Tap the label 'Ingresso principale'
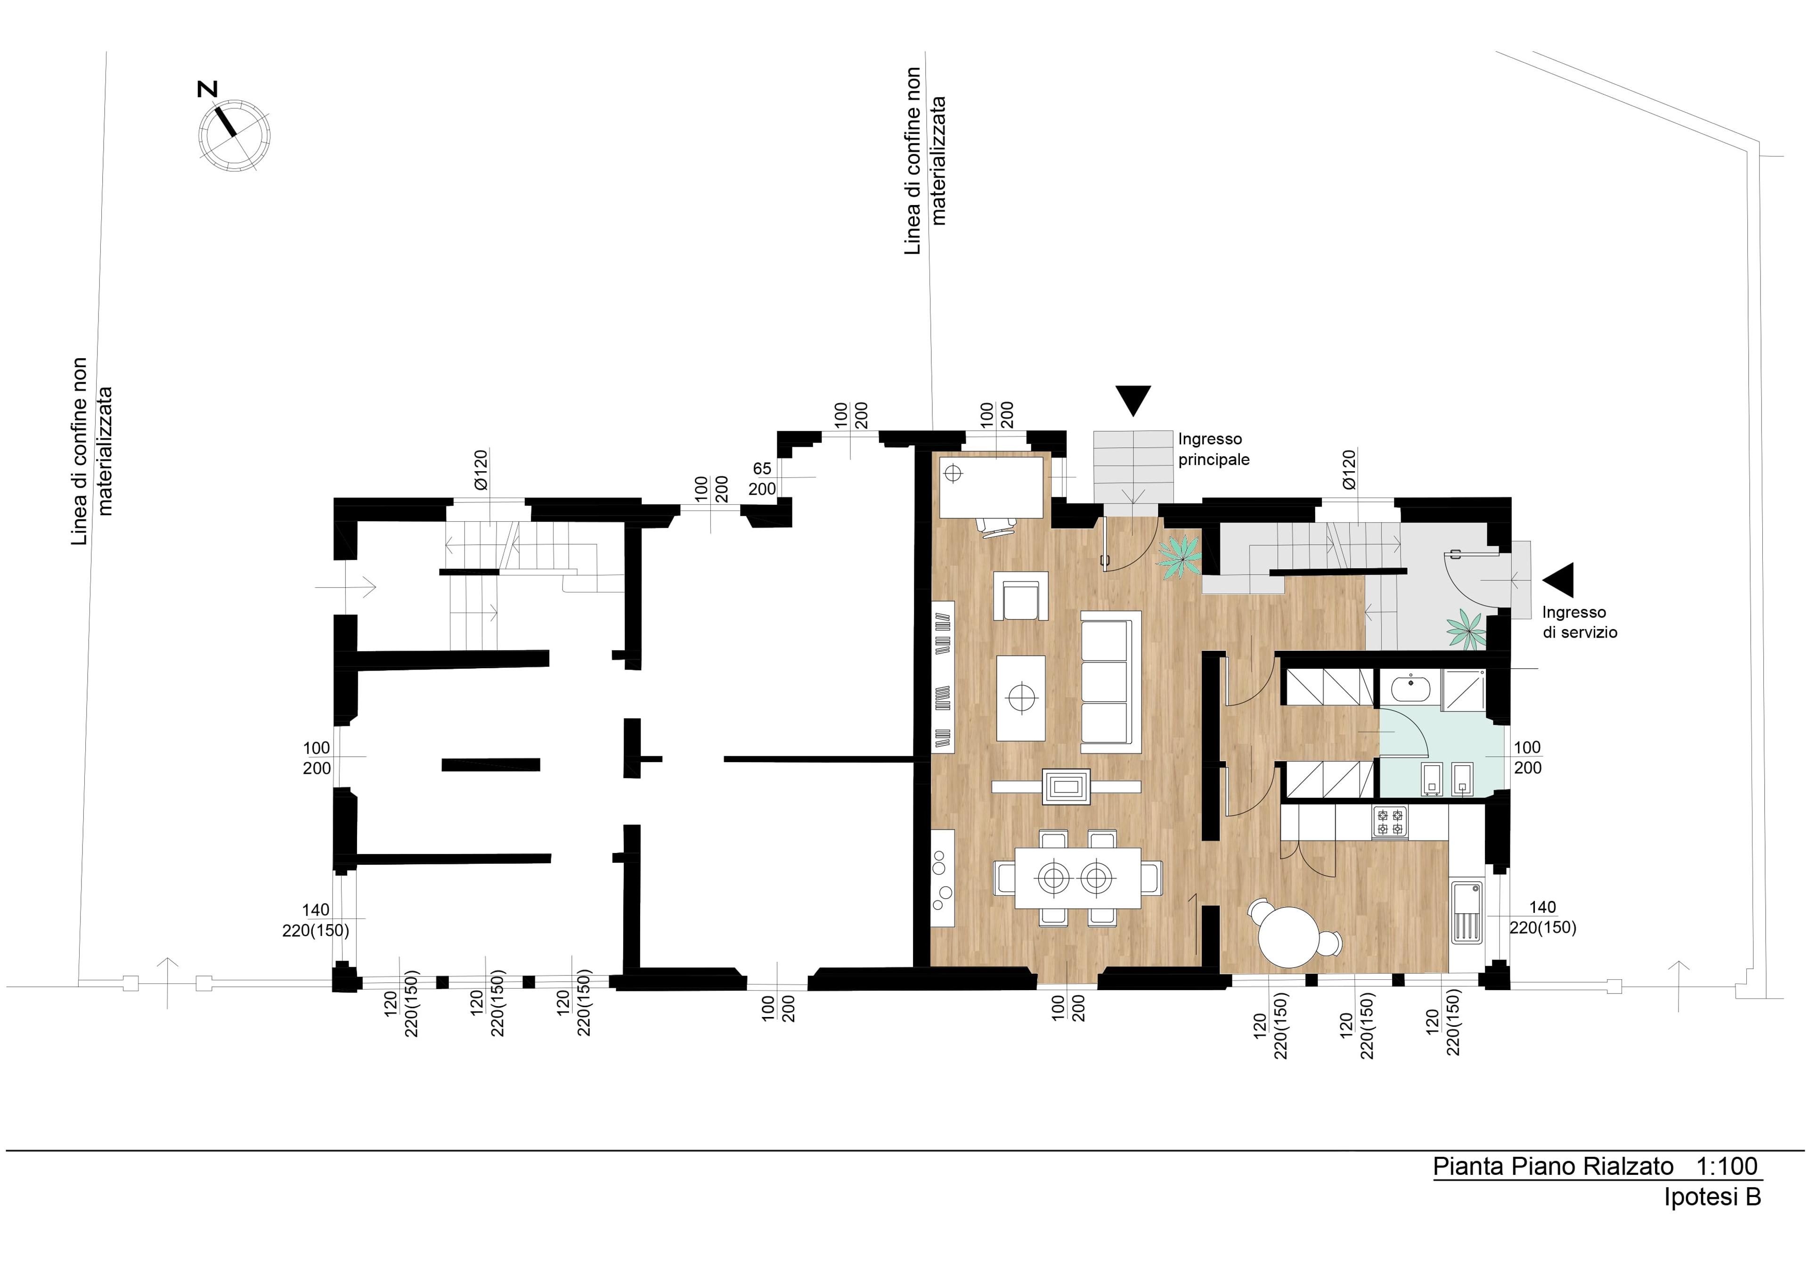pos(1214,449)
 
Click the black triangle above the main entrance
pos(1133,400)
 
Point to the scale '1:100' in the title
pos(1726,1166)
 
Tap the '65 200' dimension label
pos(762,478)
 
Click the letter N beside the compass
pos(207,90)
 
